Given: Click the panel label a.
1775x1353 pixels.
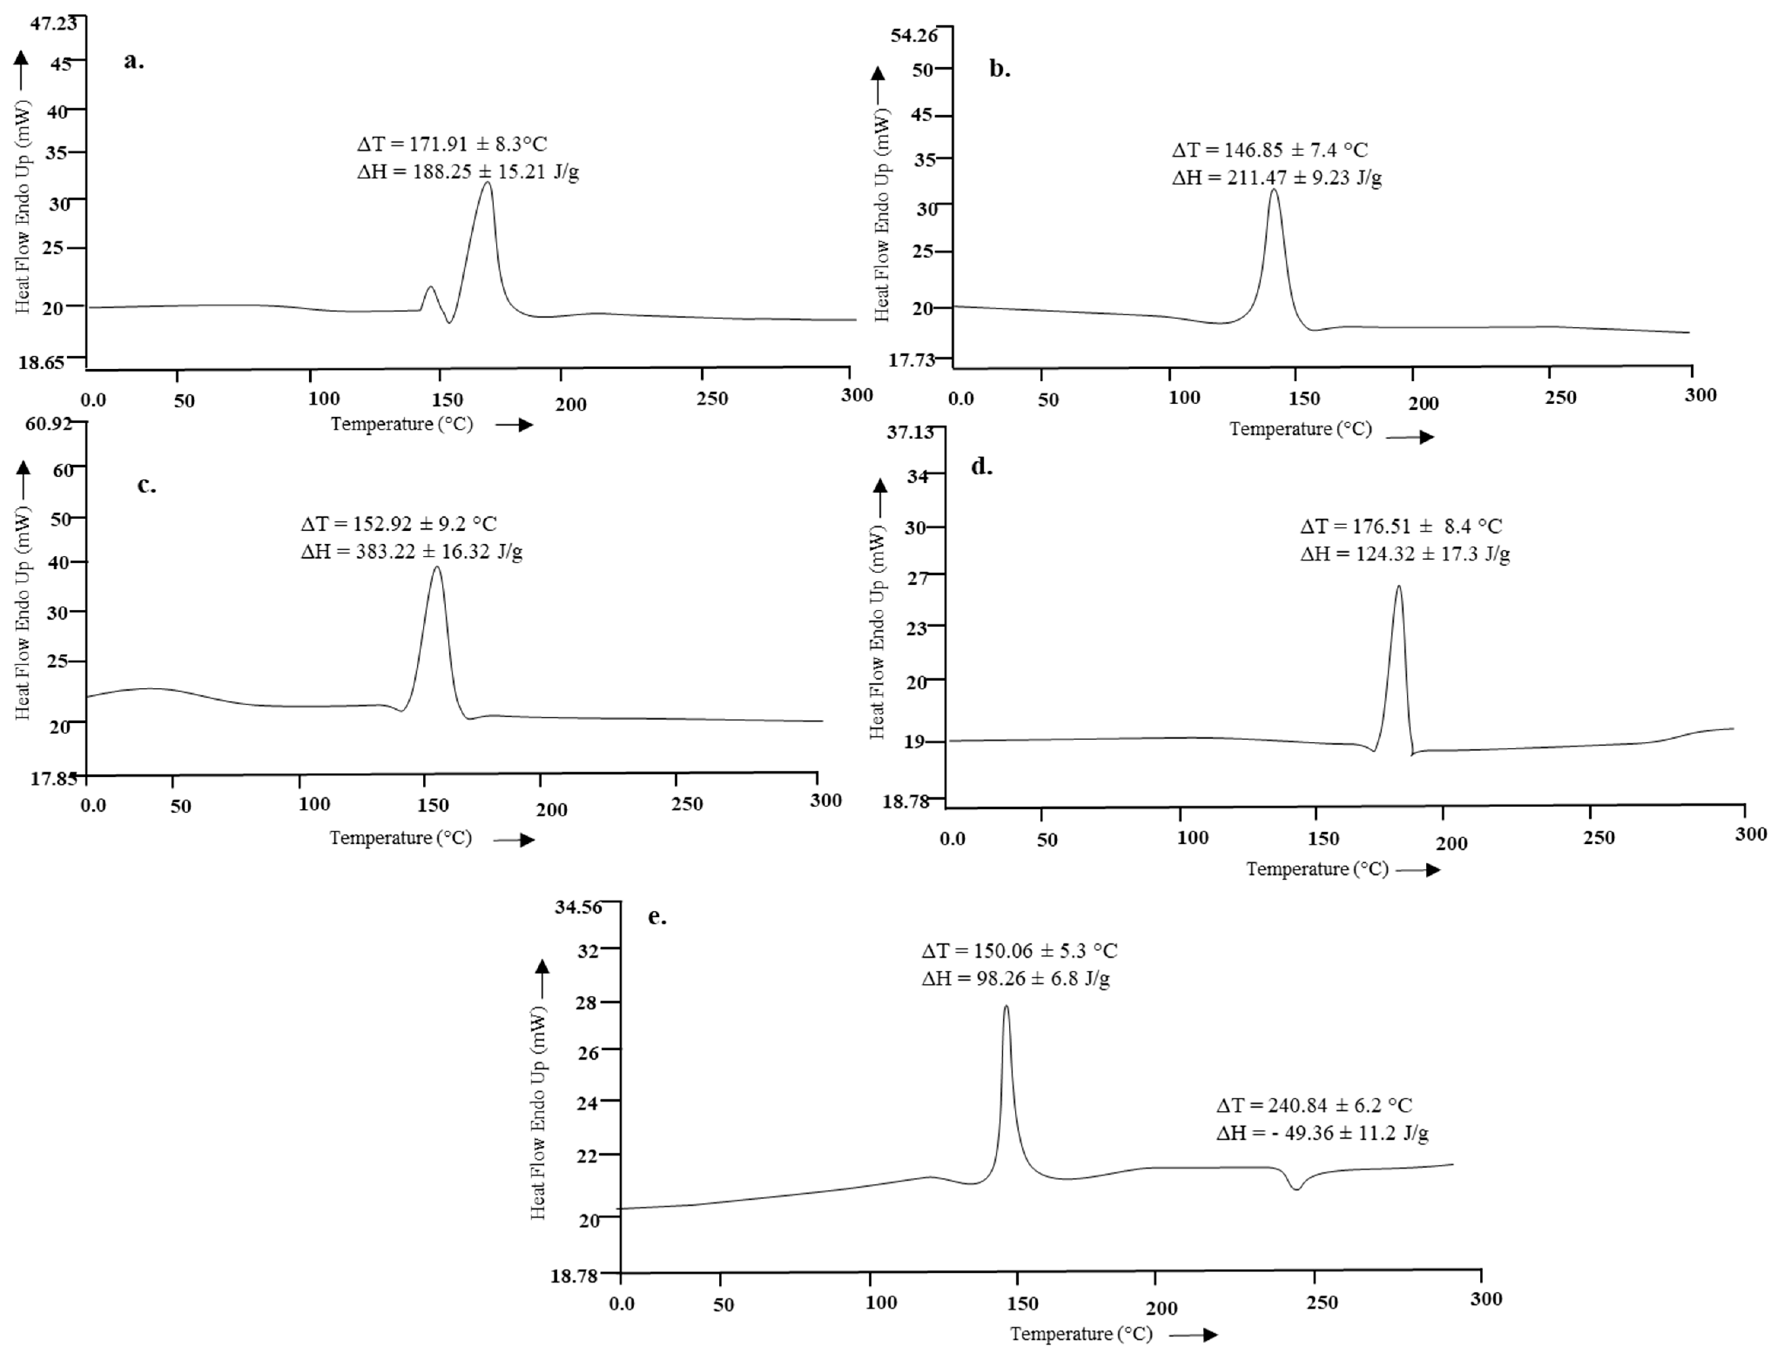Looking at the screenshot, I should pos(134,61).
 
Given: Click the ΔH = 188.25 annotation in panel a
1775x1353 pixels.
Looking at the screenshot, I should pos(467,172).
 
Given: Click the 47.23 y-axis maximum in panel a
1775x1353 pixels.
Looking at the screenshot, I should pos(54,22).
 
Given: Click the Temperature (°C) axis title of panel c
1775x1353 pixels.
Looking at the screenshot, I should pos(400,838).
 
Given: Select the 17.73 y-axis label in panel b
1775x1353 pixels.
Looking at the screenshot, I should pos(912,360).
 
